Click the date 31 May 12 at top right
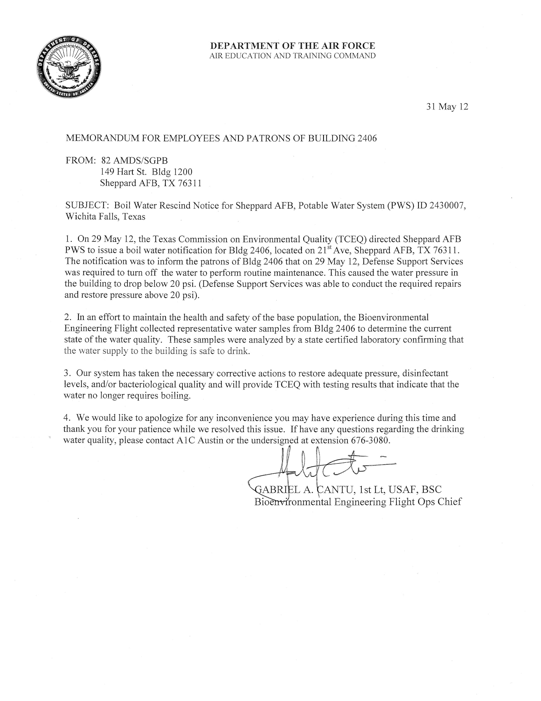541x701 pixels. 447,107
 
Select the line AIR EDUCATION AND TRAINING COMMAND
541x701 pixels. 292,56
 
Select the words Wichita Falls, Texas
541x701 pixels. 105,217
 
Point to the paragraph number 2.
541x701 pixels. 68,318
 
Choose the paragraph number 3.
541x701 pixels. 68,373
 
